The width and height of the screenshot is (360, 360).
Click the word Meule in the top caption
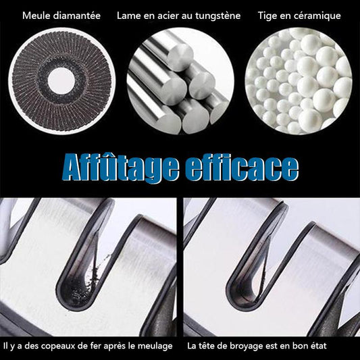pyautogui.click(x=36, y=16)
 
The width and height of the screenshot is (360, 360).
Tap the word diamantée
pyautogui.click(x=77, y=16)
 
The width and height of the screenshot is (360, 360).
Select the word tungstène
pyautogui.click(x=218, y=16)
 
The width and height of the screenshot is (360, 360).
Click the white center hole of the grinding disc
pyautogui.click(x=61, y=81)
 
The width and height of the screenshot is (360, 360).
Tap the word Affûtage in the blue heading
pyautogui.click(x=120, y=168)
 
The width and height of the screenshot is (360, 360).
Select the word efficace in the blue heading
pyautogui.click(x=242, y=167)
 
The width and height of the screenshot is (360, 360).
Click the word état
pyautogui.click(x=317, y=346)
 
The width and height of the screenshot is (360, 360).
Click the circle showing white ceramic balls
pyautogui.click(x=299, y=81)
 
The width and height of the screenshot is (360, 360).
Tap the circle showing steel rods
pyautogui.click(x=180, y=81)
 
